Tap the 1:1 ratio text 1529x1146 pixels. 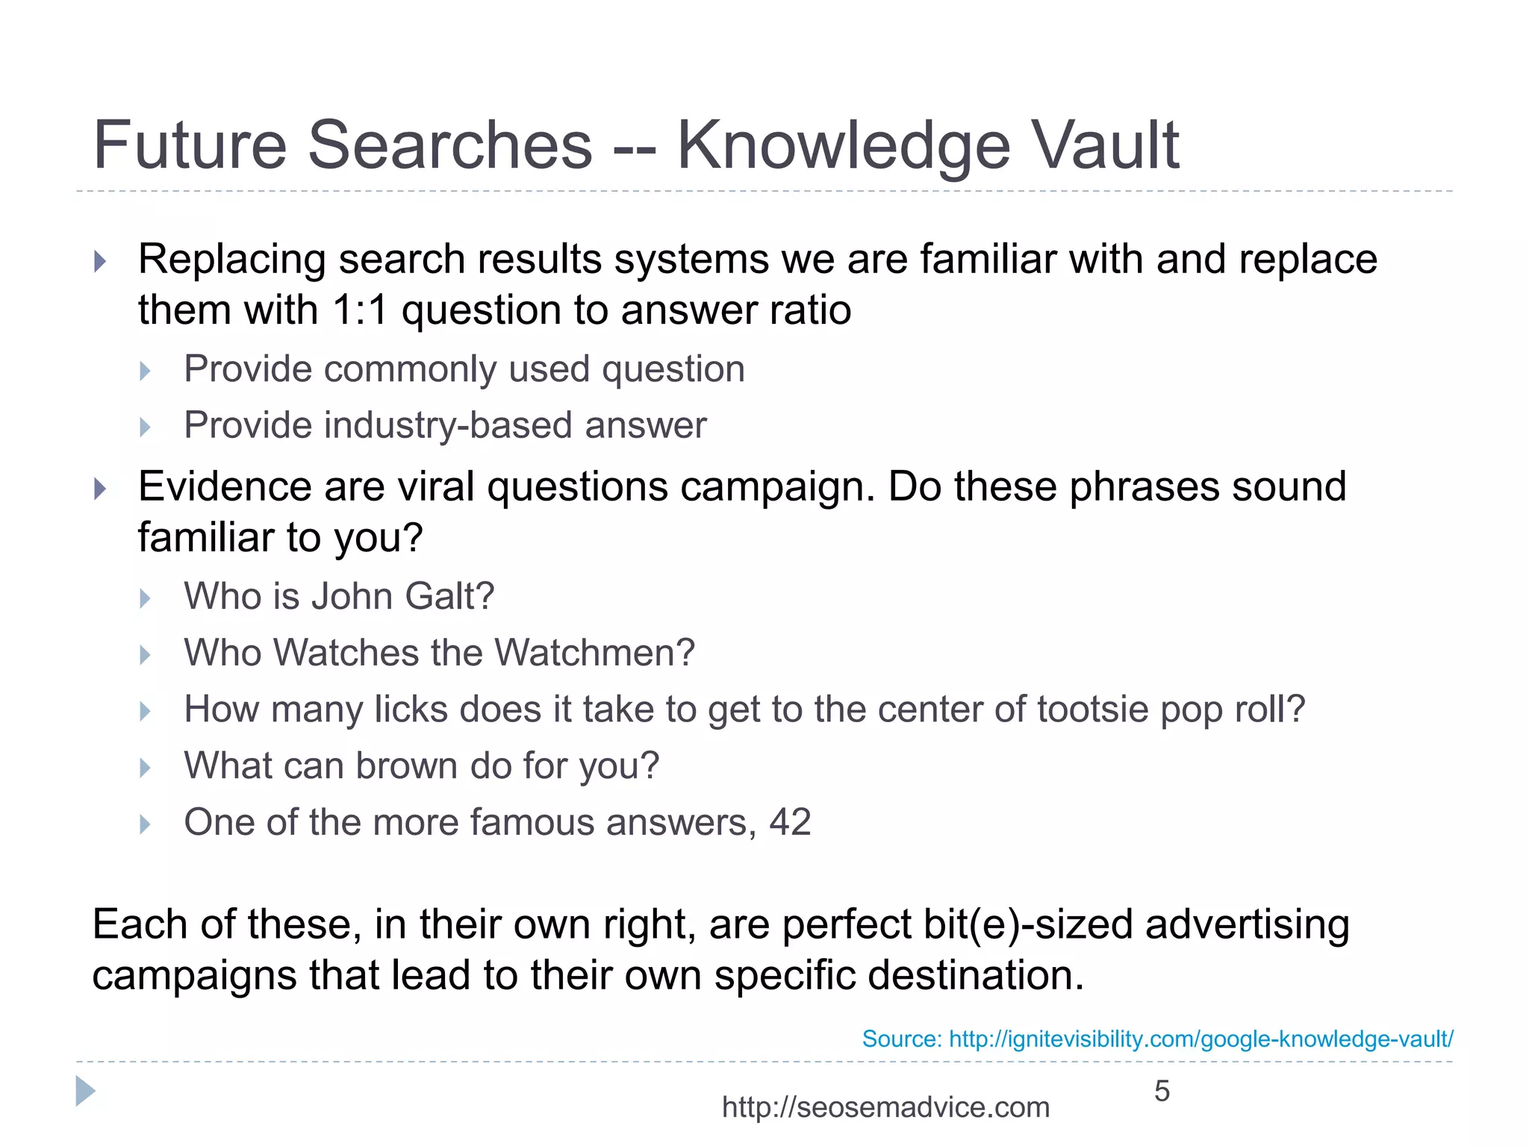360,310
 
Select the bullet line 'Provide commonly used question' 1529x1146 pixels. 464,369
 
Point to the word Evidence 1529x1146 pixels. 224,486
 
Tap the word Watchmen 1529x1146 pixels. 594,653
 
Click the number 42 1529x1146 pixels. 790,822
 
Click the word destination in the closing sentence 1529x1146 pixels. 973,976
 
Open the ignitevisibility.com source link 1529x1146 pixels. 1201,1039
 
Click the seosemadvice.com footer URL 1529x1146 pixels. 885,1107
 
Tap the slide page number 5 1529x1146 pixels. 1162,1092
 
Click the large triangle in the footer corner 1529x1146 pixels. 85,1092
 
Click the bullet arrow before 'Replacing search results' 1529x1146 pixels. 100,261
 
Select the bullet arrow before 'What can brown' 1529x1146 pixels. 146,768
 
